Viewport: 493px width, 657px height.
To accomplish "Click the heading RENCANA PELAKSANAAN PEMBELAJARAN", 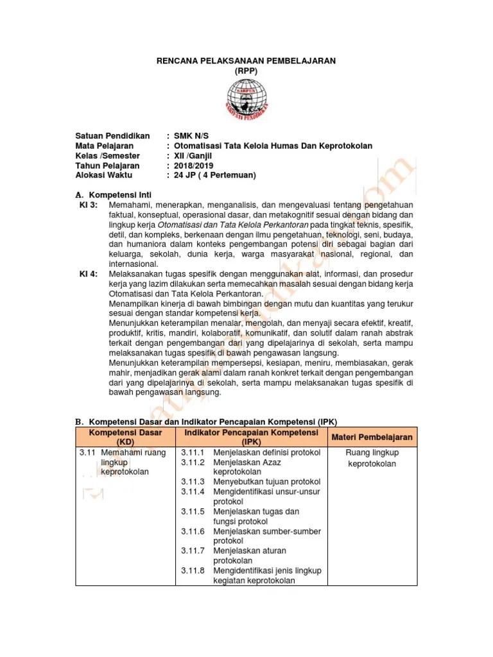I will pyautogui.click(x=246, y=60).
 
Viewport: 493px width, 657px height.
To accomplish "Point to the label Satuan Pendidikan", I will pyautogui.click(x=112, y=136).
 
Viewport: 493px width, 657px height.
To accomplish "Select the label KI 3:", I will pyautogui.click(x=88, y=204).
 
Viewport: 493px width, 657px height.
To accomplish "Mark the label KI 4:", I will pyautogui.click(x=88, y=274).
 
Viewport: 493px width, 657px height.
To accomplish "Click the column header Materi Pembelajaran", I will pyautogui.click(x=372, y=437).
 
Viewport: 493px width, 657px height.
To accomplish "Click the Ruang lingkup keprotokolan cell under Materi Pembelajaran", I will pyautogui.click(x=372, y=458).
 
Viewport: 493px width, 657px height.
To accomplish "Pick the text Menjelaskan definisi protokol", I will pyautogui.click(x=266, y=452).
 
